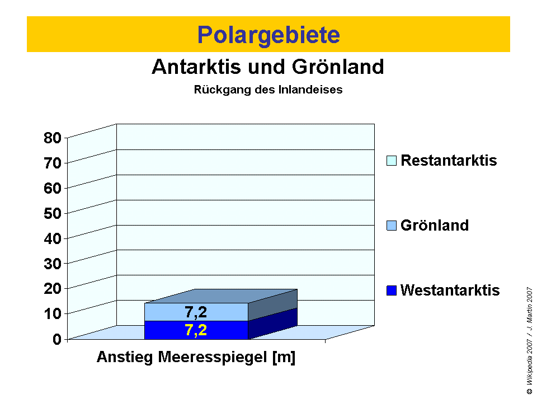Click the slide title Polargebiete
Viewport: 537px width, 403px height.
coord(268,35)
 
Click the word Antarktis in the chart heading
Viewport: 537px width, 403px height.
coord(191,67)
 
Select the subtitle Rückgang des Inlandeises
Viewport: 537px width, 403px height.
coord(268,90)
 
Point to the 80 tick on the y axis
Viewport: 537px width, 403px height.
coord(53,138)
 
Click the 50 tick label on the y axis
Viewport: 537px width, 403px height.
coord(53,213)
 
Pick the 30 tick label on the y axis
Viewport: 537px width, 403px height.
coord(53,263)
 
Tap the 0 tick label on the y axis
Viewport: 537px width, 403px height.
coord(57,339)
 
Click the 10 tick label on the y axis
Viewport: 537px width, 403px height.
coord(53,313)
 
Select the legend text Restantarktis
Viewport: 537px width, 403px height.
coord(449,161)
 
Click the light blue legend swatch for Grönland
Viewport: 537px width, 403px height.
coord(392,226)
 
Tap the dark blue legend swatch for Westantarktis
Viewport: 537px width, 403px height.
coord(392,291)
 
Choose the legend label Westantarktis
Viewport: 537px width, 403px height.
coord(450,291)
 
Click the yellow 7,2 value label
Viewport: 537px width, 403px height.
coord(196,330)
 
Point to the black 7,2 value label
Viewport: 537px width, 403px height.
coord(196,312)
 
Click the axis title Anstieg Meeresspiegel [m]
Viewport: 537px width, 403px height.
coord(196,358)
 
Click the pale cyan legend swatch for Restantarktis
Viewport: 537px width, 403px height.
coord(392,161)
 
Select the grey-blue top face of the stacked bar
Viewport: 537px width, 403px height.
coord(221,296)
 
